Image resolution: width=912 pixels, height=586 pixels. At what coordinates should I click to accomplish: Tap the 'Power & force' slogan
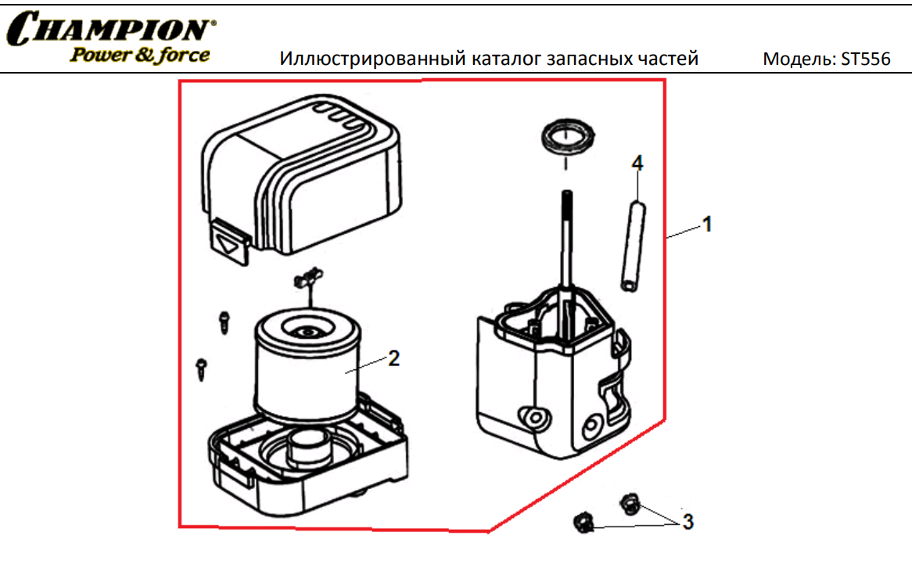140,56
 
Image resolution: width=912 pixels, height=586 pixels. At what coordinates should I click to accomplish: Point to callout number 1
706,225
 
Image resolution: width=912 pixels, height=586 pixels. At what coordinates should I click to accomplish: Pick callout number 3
688,521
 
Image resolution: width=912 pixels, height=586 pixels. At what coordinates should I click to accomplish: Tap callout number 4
637,163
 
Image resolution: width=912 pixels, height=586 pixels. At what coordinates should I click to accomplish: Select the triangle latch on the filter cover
229,243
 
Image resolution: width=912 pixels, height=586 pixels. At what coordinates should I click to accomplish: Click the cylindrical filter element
305,368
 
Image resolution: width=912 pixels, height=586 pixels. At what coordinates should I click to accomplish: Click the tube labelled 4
634,244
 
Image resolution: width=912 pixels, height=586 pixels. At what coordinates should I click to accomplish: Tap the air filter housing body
548,376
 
